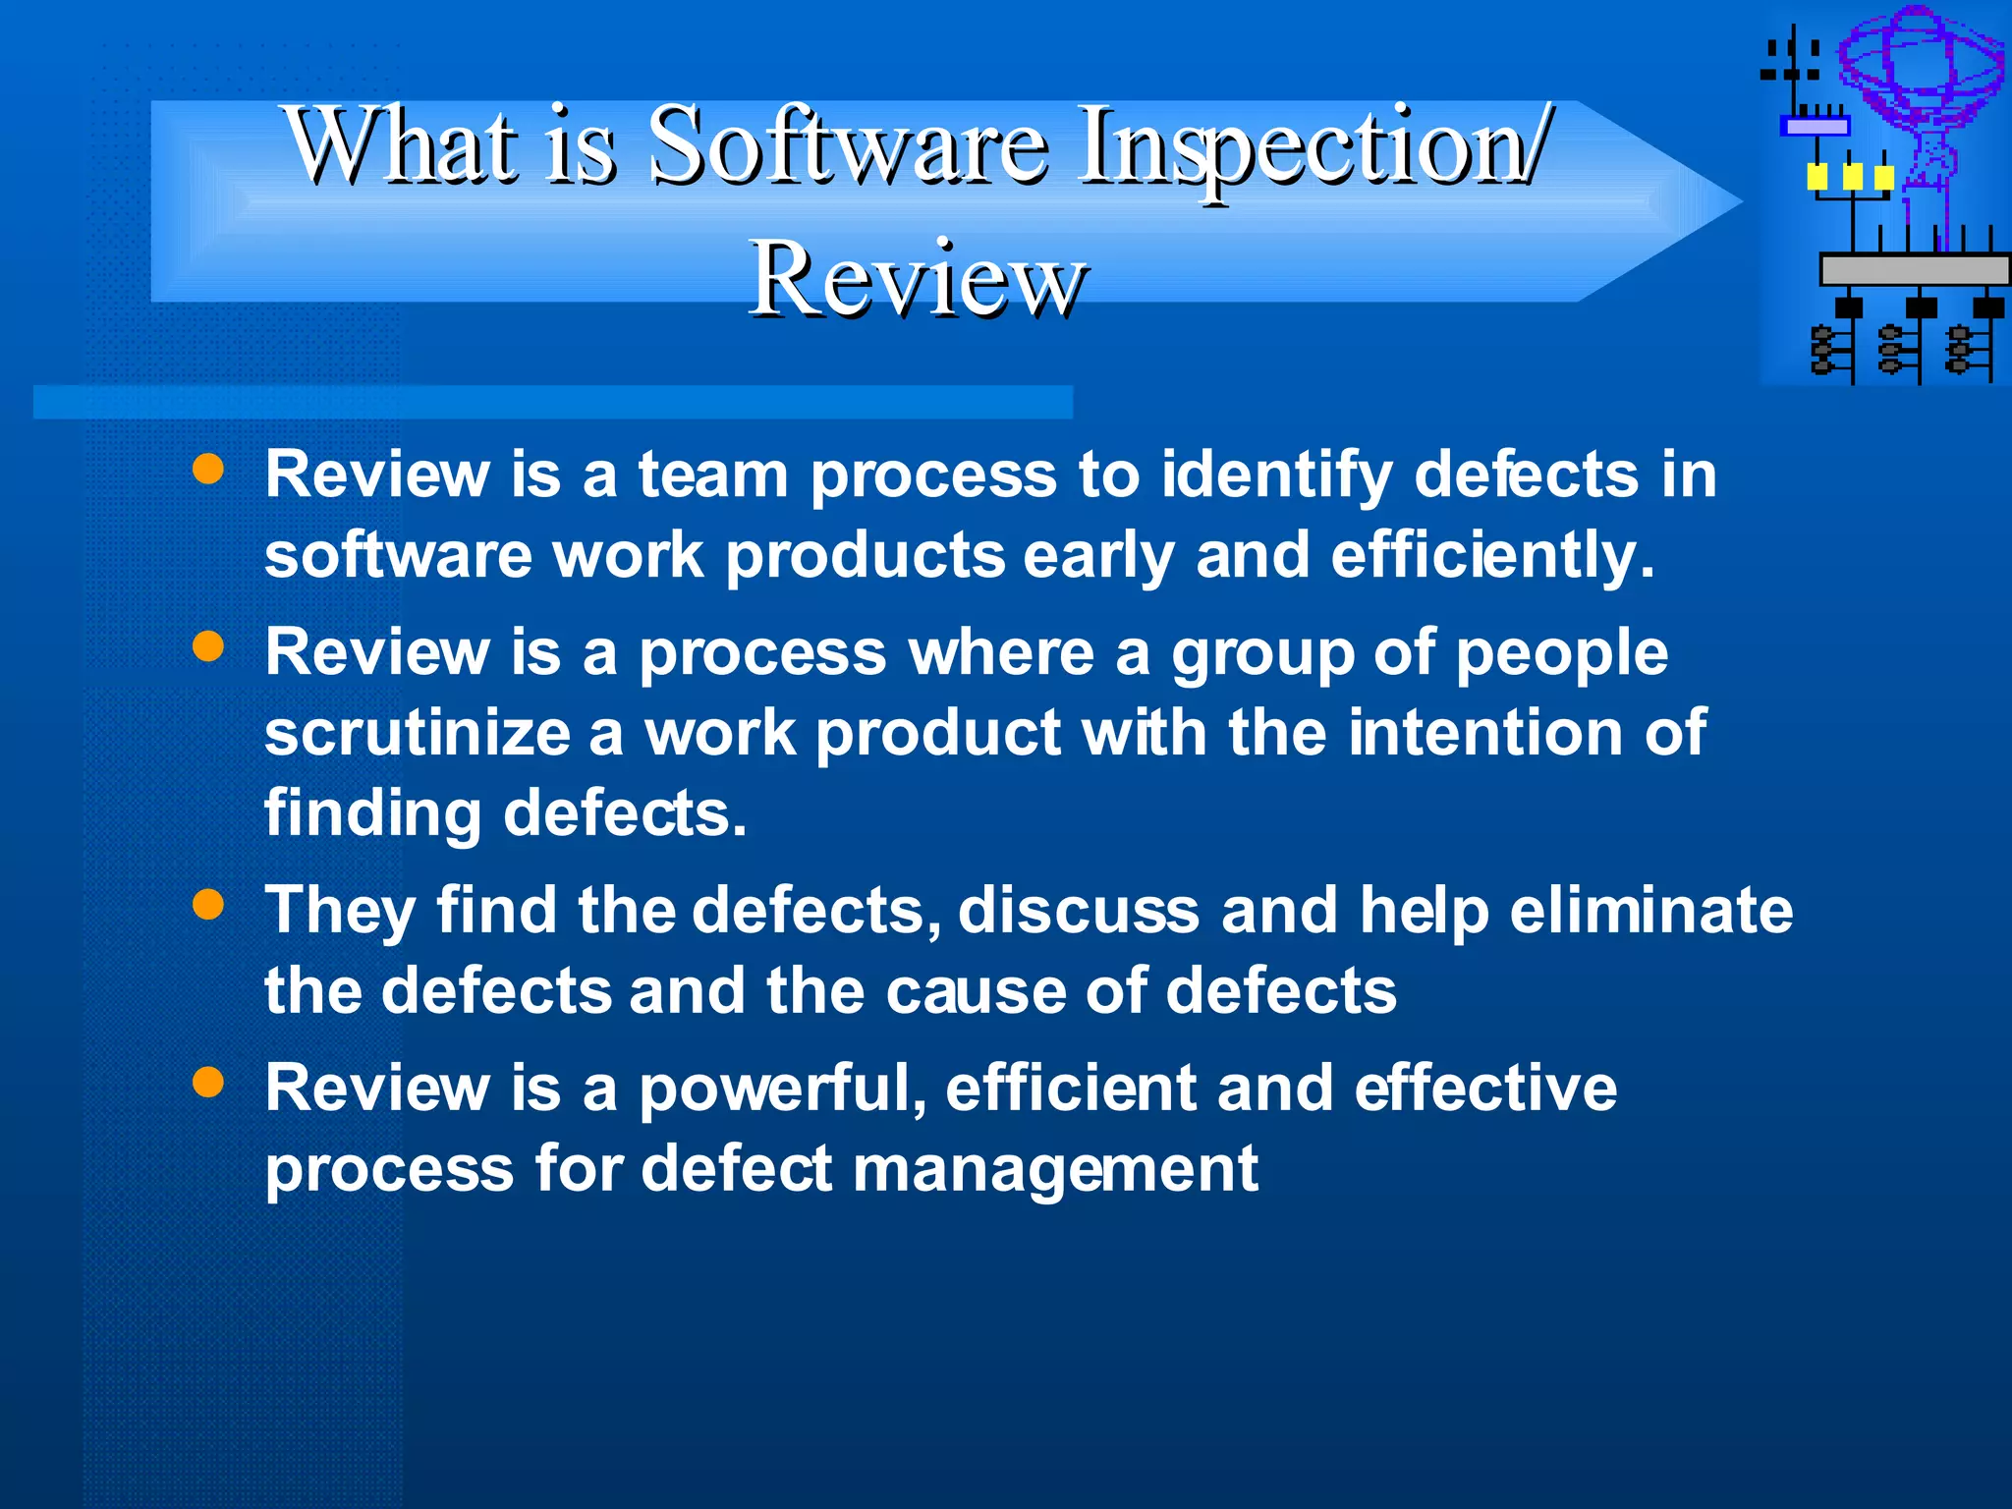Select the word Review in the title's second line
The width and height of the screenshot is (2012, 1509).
pos(918,280)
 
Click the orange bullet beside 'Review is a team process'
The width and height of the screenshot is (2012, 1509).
pos(208,469)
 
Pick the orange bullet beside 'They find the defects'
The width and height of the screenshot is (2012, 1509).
pos(208,904)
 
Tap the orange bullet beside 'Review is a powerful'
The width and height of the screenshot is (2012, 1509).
pos(208,1082)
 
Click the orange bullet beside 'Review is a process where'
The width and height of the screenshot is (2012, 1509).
pos(208,646)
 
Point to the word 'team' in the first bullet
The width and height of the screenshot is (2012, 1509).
pos(713,475)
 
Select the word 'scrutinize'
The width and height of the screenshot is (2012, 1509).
pos(418,733)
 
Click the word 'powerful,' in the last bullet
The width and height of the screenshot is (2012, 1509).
pos(783,1090)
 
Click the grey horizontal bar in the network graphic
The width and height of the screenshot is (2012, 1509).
pos(1914,269)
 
